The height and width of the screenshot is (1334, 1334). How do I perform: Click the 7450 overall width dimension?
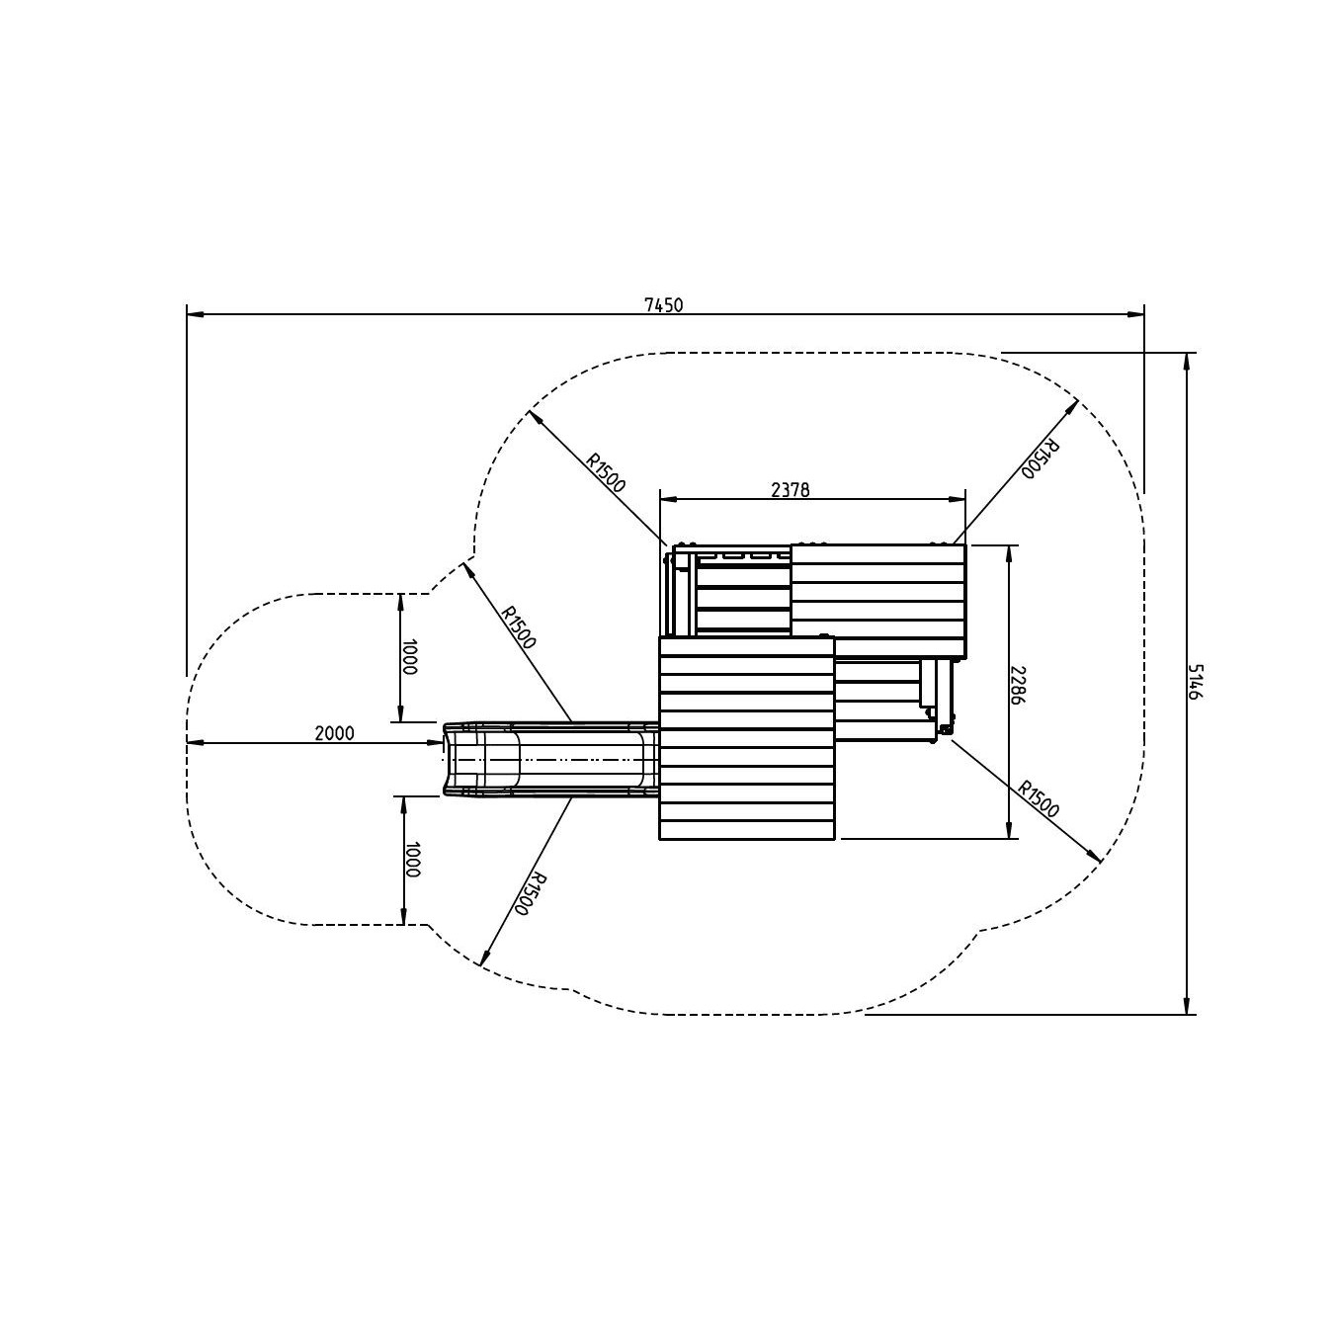click(663, 305)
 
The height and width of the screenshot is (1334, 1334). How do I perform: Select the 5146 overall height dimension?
click(1197, 681)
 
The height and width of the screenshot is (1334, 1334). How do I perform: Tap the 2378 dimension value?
click(790, 490)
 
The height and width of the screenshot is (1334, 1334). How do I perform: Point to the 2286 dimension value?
click(1018, 686)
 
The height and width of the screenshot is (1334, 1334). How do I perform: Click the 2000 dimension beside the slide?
click(334, 733)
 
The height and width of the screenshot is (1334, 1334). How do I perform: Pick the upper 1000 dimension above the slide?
click(409, 657)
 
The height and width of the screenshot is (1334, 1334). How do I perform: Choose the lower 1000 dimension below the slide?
click(412, 859)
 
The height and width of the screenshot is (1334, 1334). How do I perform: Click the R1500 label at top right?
click(1041, 459)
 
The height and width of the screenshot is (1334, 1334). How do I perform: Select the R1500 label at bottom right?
click(1039, 799)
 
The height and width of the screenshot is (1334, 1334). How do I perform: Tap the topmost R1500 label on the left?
click(606, 472)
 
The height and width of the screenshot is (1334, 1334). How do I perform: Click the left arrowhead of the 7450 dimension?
click(195, 315)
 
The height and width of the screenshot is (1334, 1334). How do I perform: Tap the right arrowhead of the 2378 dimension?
click(957, 498)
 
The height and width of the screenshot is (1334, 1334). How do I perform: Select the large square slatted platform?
click(747, 739)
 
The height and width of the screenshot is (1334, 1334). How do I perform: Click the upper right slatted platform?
click(878, 601)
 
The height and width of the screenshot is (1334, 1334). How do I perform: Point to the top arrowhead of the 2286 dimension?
click(1009, 553)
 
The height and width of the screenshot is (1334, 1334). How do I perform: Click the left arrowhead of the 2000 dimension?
click(196, 743)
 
